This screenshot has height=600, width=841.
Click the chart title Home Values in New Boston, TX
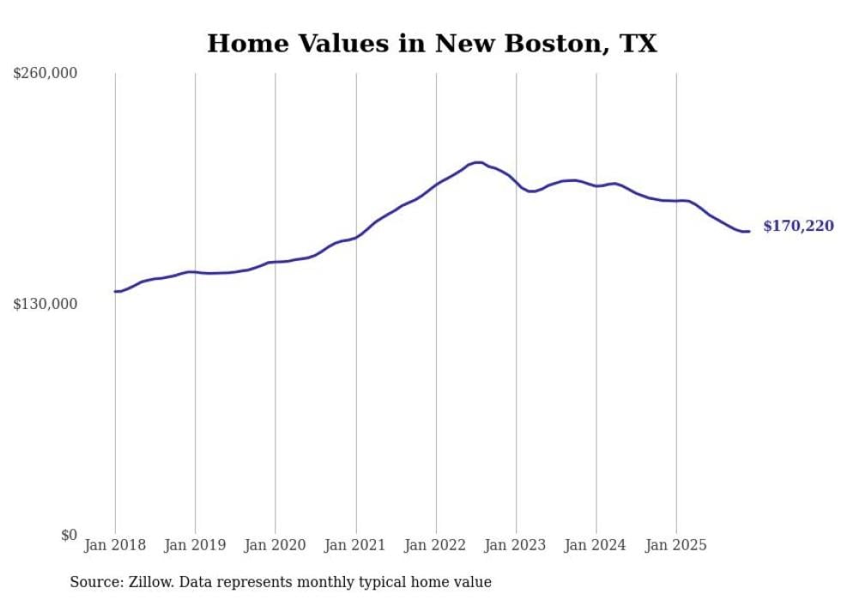(x=432, y=43)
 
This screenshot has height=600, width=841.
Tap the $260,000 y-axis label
(x=45, y=74)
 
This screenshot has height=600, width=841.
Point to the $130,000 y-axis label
(x=45, y=304)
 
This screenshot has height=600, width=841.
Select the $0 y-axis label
(x=69, y=535)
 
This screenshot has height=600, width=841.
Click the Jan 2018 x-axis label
(x=115, y=545)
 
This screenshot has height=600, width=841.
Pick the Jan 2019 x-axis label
(x=195, y=545)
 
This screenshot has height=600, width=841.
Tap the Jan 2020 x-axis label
(x=275, y=545)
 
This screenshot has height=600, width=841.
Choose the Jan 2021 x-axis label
(x=355, y=545)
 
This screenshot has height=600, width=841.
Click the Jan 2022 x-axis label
(x=436, y=545)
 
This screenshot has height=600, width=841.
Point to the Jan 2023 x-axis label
(x=516, y=545)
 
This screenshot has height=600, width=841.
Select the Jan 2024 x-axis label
(x=596, y=545)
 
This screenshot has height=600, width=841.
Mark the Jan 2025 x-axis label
(x=676, y=545)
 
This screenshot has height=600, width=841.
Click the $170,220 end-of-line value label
(x=798, y=227)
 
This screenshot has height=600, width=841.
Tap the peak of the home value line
(x=477, y=162)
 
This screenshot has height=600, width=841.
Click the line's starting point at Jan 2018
(x=115, y=292)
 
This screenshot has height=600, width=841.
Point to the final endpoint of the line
(x=749, y=231)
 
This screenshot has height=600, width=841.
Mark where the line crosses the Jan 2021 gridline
(x=355, y=237)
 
